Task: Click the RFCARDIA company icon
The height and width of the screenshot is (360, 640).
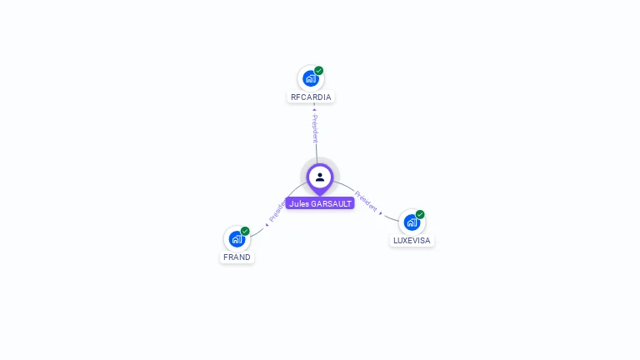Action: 310,79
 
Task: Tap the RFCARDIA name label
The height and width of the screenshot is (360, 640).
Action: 311,97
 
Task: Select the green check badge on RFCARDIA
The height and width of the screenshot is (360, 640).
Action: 319,71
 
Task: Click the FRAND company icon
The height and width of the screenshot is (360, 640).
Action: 237,239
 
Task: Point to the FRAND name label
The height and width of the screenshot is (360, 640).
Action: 237,257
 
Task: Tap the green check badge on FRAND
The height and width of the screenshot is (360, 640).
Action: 245,231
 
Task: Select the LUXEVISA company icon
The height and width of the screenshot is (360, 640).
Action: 412,222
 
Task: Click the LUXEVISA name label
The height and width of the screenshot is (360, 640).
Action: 412,241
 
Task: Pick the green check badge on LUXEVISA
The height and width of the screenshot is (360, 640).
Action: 420,214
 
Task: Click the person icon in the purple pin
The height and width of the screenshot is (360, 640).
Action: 320,177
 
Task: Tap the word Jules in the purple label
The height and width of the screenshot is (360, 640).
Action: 299,203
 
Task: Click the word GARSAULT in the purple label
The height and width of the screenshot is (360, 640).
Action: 331,203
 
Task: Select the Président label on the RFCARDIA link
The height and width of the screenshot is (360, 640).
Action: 315,128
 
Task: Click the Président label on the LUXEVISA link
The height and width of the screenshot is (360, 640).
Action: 366,200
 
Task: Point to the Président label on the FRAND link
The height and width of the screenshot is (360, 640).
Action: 277,210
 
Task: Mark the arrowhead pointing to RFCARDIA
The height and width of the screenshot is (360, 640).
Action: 314,108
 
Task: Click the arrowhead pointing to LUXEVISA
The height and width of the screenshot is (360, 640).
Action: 382,213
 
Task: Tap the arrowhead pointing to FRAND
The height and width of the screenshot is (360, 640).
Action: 267,224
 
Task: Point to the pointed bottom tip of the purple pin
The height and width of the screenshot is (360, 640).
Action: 320,195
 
